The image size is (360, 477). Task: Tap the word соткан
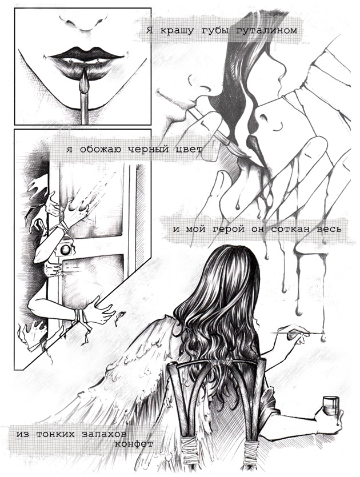coord(286,229)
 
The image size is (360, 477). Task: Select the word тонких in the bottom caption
coord(55,434)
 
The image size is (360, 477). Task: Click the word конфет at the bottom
coord(134,444)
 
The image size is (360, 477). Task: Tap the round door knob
coord(65,250)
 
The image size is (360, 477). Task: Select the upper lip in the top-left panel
coord(87,53)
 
